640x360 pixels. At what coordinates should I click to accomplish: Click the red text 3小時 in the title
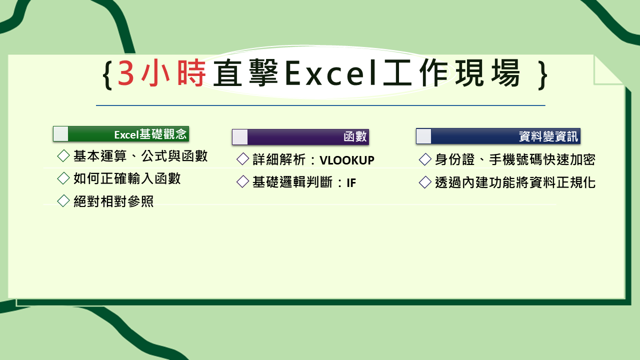click(161, 73)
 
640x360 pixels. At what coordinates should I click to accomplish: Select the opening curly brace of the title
click(106, 75)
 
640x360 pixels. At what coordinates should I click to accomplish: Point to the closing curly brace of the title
click(543, 75)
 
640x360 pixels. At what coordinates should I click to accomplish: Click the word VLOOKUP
click(347, 160)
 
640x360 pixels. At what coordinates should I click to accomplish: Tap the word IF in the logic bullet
click(351, 182)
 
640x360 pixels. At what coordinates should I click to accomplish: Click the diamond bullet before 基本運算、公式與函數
click(63, 156)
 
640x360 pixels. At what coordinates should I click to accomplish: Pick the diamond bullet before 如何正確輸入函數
click(63, 178)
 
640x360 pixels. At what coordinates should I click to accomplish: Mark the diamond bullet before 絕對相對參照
click(63, 201)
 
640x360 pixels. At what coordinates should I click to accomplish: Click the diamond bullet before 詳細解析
click(242, 159)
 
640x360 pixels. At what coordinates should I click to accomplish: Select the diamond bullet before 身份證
click(425, 159)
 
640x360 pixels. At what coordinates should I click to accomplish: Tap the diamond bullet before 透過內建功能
click(425, 182)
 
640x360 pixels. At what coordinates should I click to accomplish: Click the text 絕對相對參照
click(113, 201)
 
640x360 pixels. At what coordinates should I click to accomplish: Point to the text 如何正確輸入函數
click(127, 178)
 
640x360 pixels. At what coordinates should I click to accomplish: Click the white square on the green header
click(61, 134)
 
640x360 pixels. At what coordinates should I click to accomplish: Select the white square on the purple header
click(240, 137)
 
